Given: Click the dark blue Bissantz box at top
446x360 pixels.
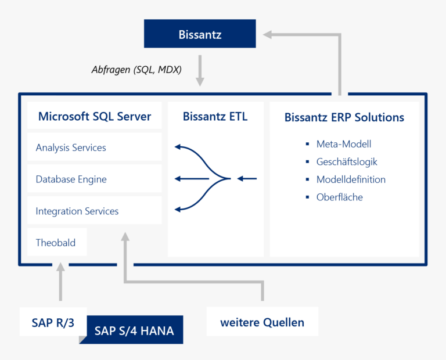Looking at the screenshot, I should click(200, 34).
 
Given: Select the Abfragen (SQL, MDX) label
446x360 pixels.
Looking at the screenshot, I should click(136, 70).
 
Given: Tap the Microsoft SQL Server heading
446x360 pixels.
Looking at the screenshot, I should click(95, 117).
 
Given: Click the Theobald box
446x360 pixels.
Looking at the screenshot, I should click(56, 243).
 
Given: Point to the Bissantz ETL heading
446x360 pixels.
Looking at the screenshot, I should click(215, 117).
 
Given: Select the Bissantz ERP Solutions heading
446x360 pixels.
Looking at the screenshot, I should click(344, 117).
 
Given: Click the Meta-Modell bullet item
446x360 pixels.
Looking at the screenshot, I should click(343, 144).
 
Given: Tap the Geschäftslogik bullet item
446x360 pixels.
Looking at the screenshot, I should click(347, 162).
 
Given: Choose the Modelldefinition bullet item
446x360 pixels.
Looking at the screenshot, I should click(350, 179).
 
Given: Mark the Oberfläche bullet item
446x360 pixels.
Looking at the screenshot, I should click(339, 197).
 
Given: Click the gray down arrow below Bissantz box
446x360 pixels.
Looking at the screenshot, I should click(200, 70).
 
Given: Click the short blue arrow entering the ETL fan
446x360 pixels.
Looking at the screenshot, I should click(247, 179).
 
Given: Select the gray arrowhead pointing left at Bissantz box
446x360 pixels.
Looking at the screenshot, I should click(268, 34).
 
